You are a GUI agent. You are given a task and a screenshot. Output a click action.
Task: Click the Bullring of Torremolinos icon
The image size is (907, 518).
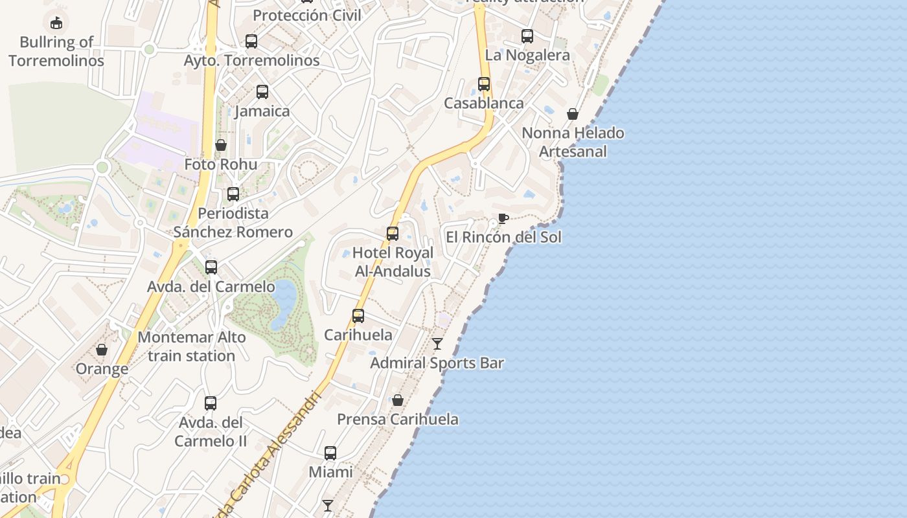point(56,23)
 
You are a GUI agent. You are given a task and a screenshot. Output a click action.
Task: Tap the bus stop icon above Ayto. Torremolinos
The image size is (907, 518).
point(251,41)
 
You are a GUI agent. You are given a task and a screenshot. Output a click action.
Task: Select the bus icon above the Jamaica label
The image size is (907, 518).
point(262,92)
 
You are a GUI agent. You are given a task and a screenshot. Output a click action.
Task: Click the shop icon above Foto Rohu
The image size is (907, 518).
point(221,145)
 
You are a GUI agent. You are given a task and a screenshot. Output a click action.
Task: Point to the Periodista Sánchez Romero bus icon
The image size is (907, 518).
point(233,194)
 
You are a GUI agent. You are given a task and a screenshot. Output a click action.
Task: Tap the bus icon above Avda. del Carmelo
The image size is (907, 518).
point(211,267)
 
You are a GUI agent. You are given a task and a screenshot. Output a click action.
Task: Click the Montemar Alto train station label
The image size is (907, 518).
point(192,346)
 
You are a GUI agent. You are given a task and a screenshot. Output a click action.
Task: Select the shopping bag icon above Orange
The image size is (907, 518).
point(102,350)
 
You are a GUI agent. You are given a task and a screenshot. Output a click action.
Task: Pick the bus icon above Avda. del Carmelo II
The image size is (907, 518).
point(211,403)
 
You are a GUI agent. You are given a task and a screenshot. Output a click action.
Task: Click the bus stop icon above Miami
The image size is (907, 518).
point(330,453)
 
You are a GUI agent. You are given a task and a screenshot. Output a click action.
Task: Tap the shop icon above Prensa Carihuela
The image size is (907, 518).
point(398,400)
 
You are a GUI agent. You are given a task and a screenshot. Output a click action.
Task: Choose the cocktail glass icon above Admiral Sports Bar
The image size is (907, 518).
point(437,343)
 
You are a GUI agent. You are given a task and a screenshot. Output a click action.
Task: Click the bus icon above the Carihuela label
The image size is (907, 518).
point(358,316)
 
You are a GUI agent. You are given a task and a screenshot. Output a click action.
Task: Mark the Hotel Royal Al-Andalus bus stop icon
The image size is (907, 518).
point(393,234)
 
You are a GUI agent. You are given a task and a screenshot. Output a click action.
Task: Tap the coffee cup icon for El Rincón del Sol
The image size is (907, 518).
point(503,218)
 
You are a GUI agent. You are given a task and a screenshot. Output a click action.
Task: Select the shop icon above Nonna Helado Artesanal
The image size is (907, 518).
point(573,114)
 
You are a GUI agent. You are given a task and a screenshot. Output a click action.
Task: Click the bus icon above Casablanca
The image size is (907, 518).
point(484,84)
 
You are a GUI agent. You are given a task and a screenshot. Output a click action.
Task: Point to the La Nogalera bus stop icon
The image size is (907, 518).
point(527,36)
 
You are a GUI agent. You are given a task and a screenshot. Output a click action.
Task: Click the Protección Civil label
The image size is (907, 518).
point(307,15)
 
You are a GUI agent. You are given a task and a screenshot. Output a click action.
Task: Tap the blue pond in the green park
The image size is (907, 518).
point(284,304)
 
